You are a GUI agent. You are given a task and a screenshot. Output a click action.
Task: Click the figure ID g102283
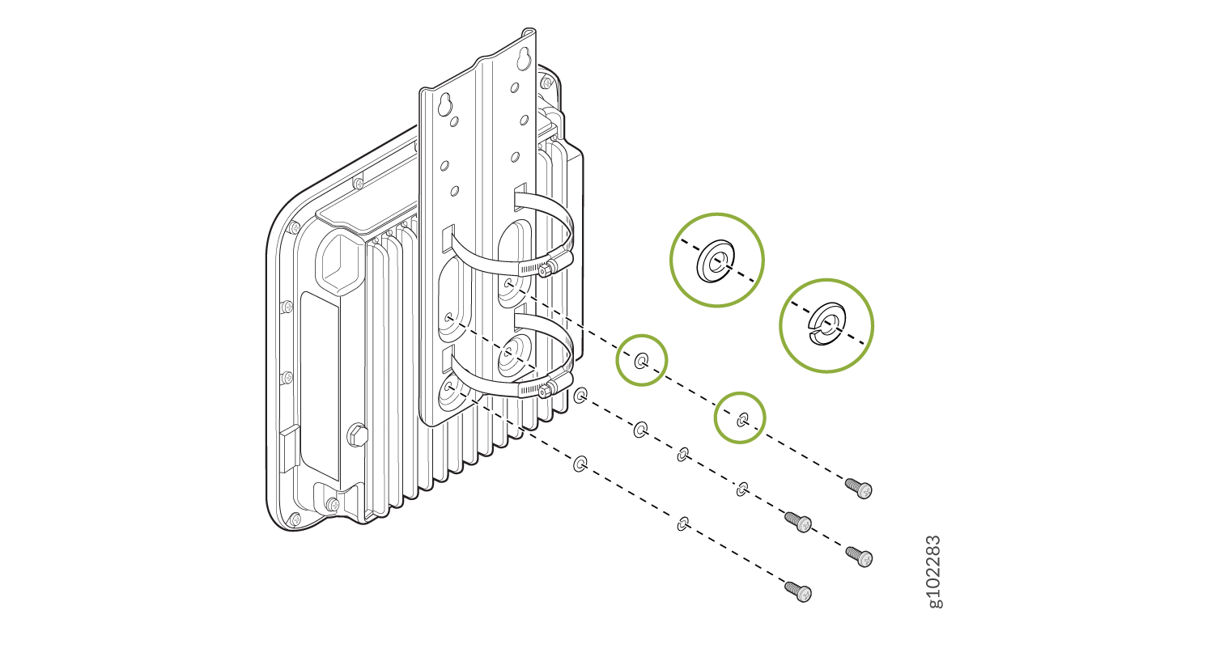[x=935, y=572]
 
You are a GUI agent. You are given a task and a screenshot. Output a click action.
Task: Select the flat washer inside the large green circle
[x=716, y=261]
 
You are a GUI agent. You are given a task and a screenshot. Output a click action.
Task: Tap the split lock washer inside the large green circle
[x=826, y=324]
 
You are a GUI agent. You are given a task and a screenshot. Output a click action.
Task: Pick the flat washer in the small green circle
[x=641, y=361]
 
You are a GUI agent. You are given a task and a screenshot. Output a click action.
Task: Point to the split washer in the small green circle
[x=742, y=418]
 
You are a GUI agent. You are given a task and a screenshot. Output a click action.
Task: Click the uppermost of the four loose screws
[x=859, y=487]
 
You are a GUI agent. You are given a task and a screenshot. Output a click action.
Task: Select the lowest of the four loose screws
[x=798, y=591]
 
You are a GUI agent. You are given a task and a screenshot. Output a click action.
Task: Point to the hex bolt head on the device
[x=357, y=435]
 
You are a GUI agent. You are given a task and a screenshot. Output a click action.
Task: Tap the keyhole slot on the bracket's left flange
[x=444, y=105]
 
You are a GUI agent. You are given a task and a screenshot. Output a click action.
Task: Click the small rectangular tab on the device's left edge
[x=290, y=447]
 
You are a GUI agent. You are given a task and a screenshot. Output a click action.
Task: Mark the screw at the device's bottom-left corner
[x=295, y=519]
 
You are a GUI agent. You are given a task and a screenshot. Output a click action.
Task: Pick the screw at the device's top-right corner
[x=546, y=83]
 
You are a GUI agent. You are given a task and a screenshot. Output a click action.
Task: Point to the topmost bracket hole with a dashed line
[x=509, y=283]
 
